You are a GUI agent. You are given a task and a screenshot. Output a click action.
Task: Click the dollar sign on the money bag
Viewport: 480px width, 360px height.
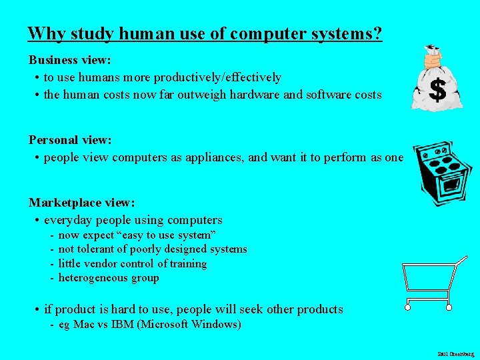(x=437, y=89)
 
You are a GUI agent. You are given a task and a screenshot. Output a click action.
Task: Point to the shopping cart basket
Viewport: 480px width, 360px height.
(x=427, y=281)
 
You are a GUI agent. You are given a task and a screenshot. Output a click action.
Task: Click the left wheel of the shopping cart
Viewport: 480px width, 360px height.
(x=409, y=308)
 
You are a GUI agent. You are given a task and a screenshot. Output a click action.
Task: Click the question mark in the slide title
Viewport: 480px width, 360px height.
(x=377, y=33)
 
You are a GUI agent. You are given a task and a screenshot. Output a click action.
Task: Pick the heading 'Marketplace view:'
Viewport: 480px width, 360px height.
(x=81, y=202)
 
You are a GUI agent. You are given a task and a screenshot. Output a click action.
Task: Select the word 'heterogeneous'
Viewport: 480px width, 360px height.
(x=94, y=278)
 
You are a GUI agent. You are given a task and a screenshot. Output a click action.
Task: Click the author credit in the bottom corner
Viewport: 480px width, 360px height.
(x=455, y=353)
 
